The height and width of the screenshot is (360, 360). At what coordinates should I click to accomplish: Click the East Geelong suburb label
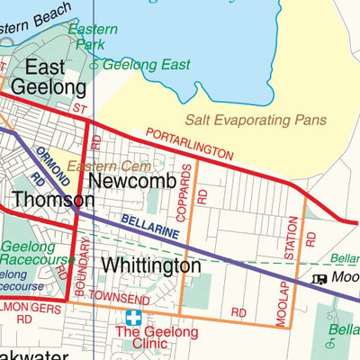56,77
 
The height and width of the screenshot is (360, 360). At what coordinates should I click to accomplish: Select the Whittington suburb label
150,266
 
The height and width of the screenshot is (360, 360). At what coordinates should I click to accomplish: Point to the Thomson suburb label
52,199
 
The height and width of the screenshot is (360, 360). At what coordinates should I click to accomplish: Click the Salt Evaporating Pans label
256,120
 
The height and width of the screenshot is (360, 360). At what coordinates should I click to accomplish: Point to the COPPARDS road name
186,191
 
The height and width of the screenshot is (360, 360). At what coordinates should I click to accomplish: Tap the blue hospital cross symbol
134,318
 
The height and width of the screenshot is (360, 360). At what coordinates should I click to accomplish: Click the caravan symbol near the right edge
319,279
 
